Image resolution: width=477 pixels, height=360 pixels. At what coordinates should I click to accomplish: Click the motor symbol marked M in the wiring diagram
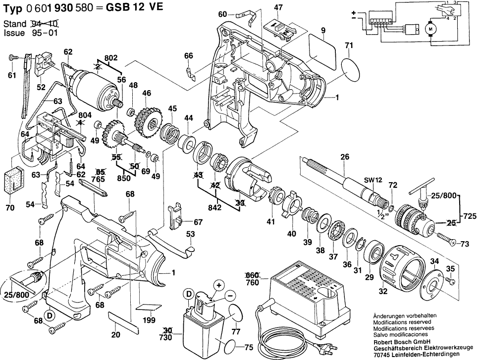point(430,29)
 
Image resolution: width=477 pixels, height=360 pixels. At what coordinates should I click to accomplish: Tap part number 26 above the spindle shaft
point(345,157)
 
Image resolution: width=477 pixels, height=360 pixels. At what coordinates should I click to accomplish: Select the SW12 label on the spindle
point(373,180)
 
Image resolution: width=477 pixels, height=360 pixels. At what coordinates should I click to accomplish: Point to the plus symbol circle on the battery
point(219,286)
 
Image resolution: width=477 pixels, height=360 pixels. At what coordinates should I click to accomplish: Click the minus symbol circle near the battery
point(230,296)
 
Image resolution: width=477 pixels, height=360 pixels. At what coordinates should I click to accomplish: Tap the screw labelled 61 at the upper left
point(13,57)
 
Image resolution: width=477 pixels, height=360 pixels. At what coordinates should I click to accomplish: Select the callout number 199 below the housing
point(149,320)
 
